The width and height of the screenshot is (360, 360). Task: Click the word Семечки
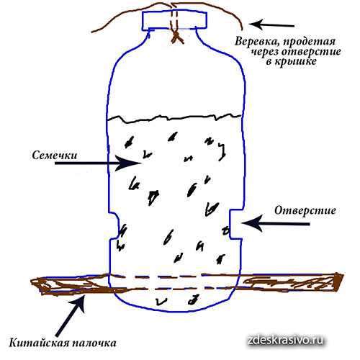point(55,156)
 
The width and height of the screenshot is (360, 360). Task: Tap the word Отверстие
point(305,211)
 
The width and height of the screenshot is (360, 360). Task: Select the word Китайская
point(37,343)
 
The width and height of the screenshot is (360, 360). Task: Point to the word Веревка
point(257,41)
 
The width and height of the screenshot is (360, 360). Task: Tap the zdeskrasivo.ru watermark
point(285,340)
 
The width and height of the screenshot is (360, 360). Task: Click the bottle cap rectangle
point(174,20)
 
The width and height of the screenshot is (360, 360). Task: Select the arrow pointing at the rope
point(271,24)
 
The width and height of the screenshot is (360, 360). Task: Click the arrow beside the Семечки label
point(98,163)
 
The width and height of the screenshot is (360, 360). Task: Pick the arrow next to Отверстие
point(276,223)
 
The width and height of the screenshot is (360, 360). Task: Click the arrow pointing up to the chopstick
point(71,315)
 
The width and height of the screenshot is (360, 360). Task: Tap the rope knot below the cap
point(177,37)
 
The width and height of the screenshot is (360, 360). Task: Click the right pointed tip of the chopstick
point(343,275)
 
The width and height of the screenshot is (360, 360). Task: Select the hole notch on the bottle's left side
point(114,225)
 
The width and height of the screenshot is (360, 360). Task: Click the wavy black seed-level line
point(174,118)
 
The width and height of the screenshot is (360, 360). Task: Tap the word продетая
point(310,42)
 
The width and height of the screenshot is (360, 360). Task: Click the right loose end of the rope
point(242,29)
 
